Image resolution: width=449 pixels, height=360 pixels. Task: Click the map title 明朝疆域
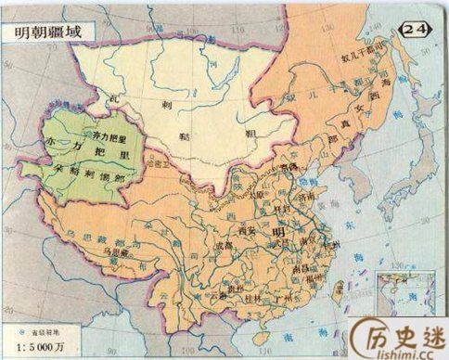pyautogui.click(x=45, y=30)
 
